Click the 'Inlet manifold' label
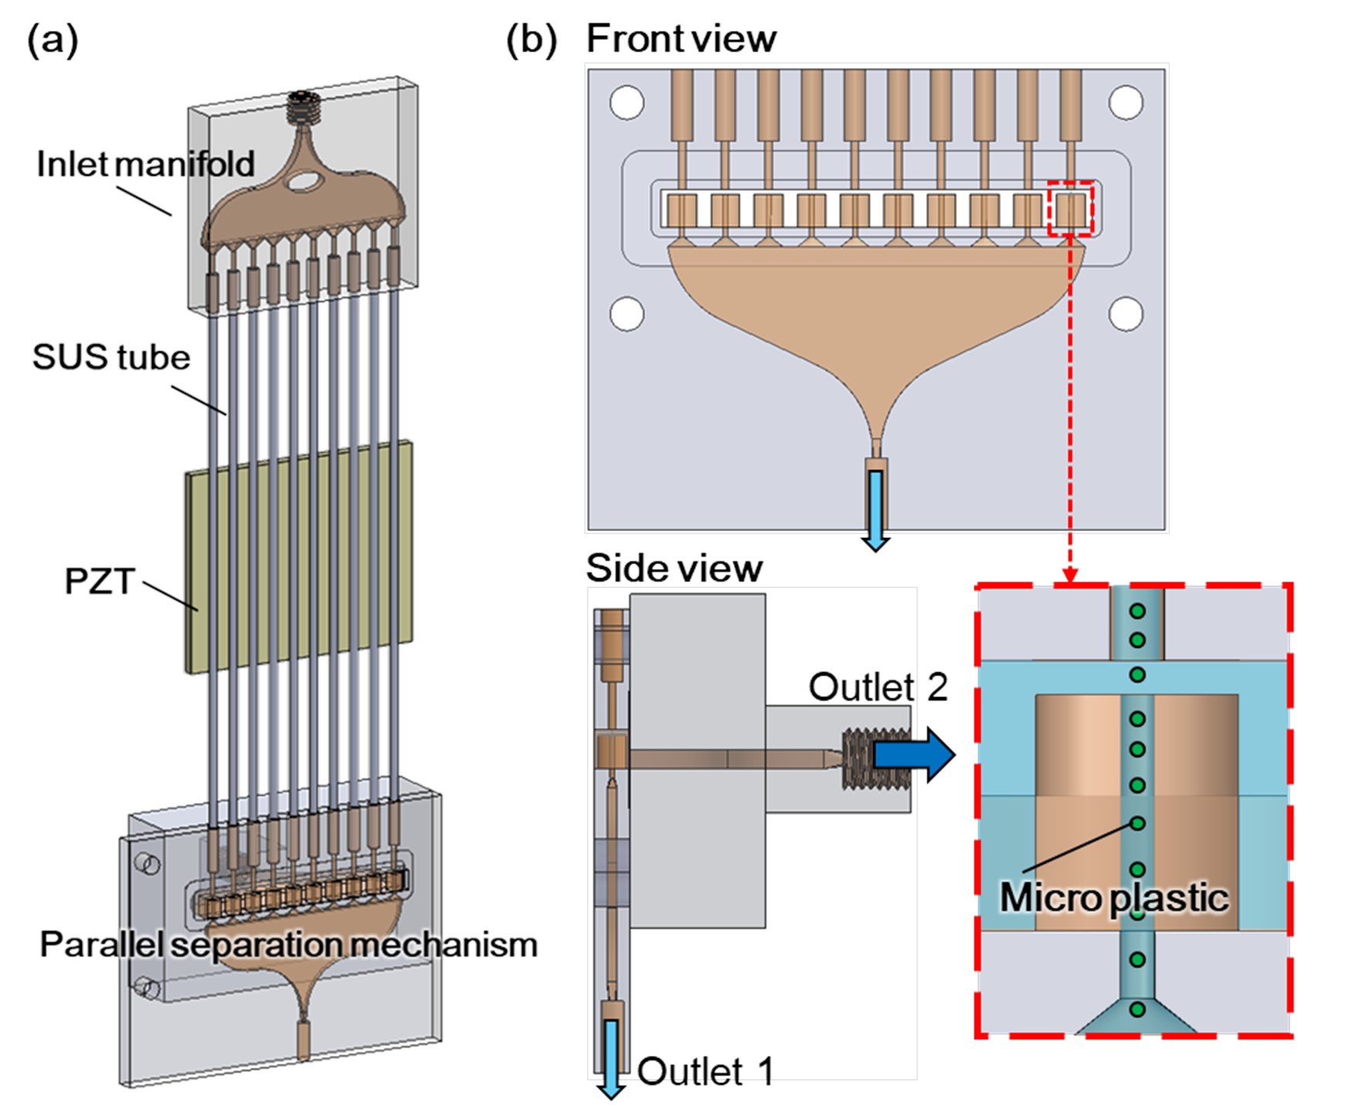[x=145, y=164]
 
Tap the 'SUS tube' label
[x=111, y=357]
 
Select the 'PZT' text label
[x=100, y=581]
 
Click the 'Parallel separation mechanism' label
[x=288, y=944]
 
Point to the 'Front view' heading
[x=681, y=39]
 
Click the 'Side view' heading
[x=674, y=568]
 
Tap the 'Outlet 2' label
[x=878, y=686]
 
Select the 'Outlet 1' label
[x=705, y=1071]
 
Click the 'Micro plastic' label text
[x=1113, y=897]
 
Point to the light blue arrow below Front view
[x=876, y=510]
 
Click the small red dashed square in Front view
[x=1071, y=208]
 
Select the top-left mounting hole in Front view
[x=627, y=103]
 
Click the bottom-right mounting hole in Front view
[x=1126, y=314]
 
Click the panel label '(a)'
[x=52, y=39]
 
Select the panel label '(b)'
[x=531, y=39]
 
